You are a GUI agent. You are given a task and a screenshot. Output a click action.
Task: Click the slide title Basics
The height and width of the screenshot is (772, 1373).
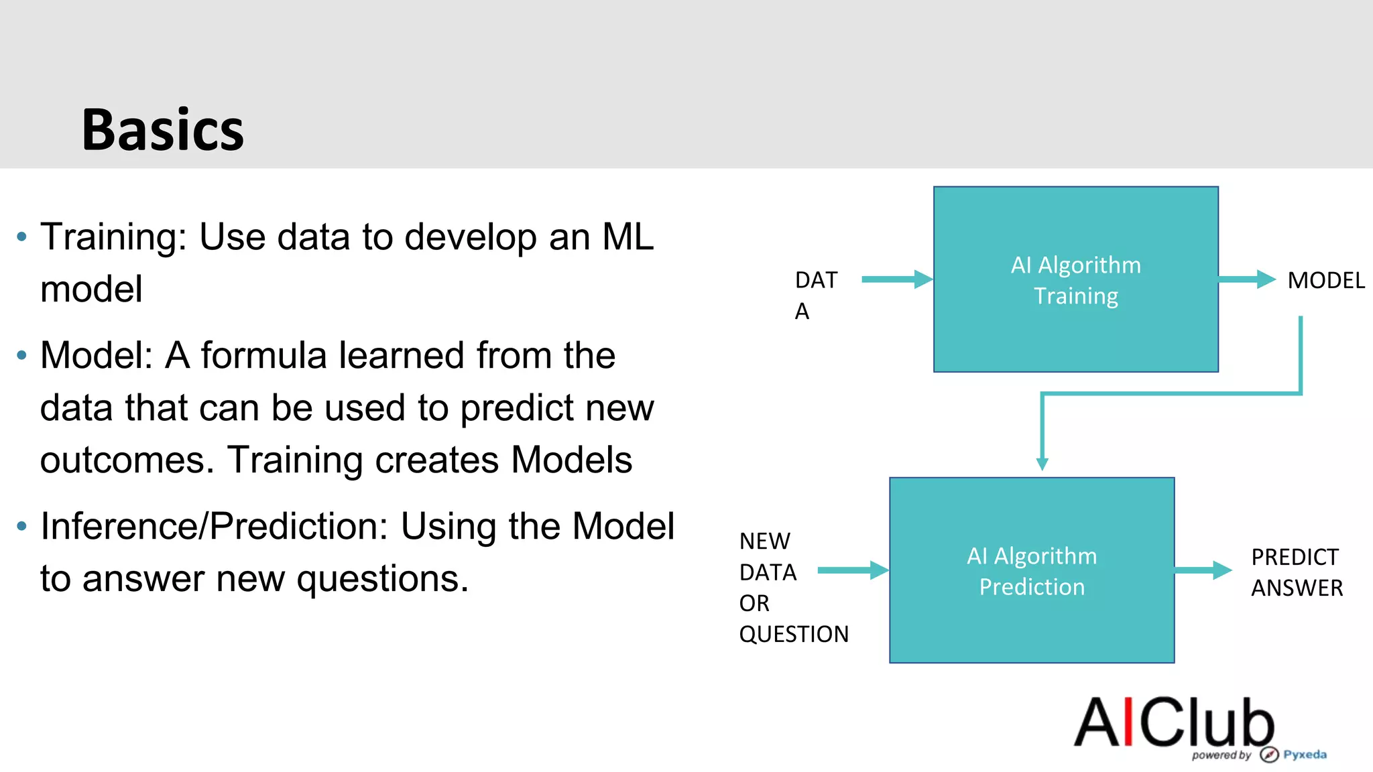(x=163, y=130)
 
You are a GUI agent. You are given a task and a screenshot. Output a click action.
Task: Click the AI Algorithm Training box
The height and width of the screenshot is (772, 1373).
(x=1075, y=279)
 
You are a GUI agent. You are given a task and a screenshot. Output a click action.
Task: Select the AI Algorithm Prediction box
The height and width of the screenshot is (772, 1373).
(x=1031, y=570)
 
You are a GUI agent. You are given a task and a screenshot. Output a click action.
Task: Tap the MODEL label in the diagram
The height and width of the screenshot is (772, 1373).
(x=1325, y=280)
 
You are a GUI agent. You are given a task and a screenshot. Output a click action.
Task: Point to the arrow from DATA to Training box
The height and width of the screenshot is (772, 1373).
(x=896, y=279)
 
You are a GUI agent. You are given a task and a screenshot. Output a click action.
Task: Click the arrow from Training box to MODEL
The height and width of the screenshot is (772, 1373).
(x=1246, y=279)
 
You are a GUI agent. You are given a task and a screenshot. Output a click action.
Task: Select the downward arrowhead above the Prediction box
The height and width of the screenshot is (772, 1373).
(x=1042, y=464)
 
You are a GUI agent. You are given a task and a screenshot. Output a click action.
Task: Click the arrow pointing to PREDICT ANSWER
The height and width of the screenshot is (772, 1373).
(x=1203, y=570)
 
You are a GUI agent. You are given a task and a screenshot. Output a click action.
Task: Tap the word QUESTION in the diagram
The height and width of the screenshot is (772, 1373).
(x=794, y=634)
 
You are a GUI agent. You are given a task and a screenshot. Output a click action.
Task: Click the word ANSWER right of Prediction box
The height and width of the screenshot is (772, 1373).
(x=1297, y=588)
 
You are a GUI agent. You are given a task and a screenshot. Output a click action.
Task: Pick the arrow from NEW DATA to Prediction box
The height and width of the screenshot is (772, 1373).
(x=852, y=570)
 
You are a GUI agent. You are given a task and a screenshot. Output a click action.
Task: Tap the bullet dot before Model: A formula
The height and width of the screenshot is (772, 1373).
(x=22, y=355)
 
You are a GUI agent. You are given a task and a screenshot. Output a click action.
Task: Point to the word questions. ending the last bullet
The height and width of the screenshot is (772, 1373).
(x=382, y=578)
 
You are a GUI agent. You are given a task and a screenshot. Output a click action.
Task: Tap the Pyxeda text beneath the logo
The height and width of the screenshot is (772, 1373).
(x=1305, y=755)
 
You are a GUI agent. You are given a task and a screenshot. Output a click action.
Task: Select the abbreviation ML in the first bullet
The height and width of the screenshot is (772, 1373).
(x=628, y=237)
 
